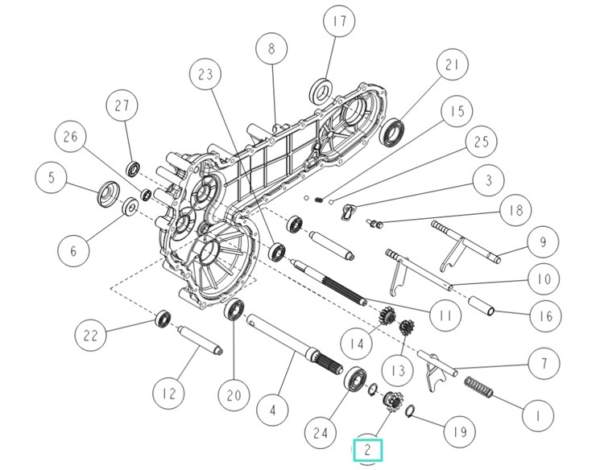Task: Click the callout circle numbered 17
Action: [x=339, y=23]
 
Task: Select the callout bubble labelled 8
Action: [x=271, y=49]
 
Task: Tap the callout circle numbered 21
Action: [x=451, y=64]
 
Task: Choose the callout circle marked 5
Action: [x=52, y=176]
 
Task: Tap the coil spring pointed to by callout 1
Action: [x=482, y=388]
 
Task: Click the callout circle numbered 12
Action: [x=168, y=394]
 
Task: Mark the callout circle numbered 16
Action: [x=545, y=316]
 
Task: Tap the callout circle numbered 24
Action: [x=321, y=433]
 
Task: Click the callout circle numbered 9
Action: [x=542, y=242]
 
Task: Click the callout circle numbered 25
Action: [x=481, y=142]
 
